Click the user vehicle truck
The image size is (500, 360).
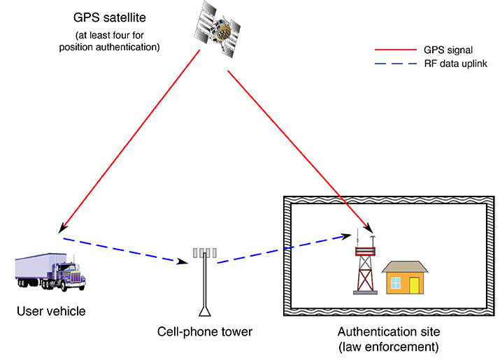click(x=50, y=271)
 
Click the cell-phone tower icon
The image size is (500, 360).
click(x=206, y=280)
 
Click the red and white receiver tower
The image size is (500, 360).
click(x=364, y=269)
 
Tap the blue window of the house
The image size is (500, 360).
click(x=396, y=283)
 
